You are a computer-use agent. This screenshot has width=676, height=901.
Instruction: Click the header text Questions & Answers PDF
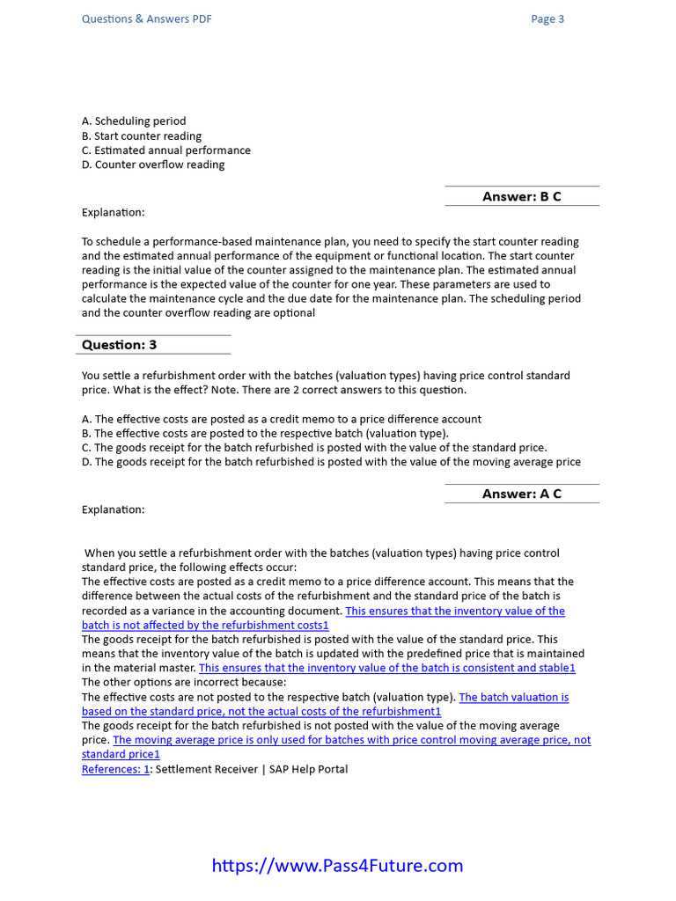(x=146, y=19)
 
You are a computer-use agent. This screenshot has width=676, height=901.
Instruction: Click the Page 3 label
(x=547, y=19)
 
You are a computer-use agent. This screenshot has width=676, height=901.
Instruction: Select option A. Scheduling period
(x=134, y=121)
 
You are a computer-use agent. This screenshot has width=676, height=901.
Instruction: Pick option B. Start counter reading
(x=142, y=136)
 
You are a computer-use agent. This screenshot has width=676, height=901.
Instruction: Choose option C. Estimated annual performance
(x=166, y=150)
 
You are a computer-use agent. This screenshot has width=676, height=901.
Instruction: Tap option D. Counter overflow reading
(x=153, y=165)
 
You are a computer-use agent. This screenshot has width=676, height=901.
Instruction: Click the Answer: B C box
(x=522, y=196)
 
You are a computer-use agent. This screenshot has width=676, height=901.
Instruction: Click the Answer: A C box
(x=522, y=494)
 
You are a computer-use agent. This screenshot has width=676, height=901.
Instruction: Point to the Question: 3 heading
(x=120, y=345)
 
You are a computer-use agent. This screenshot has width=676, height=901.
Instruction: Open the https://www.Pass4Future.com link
(x=337, y=865)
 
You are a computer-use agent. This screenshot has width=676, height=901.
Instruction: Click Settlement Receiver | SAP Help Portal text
(x=252, y=769)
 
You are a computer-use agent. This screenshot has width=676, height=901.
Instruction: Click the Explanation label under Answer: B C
(x=114, y=212)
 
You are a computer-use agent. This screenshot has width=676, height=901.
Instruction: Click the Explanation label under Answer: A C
(x=114, y=509)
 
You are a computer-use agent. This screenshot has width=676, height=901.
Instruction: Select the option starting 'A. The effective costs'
(x=282, y=420)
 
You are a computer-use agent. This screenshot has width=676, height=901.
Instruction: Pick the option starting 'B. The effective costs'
(x=265, y=434)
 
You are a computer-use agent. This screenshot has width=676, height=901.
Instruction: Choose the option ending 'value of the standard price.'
(x=314, y=448)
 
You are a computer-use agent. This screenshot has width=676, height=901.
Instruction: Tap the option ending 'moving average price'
(x=331, y=462)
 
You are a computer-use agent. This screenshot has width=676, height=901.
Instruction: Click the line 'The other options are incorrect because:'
(x=184, y=682)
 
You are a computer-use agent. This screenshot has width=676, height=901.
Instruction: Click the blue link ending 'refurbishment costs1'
(x=205, y=625)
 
